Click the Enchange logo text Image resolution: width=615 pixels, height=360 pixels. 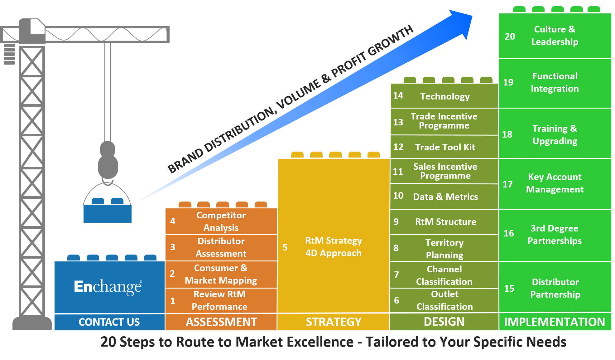click(x=108, y=286)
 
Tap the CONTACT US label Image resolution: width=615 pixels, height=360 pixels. click(x=109, y=322)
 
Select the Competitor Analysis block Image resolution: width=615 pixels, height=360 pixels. click(x=221, y=221)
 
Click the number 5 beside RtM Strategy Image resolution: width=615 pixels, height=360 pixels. click(x=285, y=247)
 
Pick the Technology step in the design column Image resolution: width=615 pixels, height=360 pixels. click(x=445, y=96)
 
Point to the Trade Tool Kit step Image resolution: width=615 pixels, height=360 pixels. click(x=445, y=147)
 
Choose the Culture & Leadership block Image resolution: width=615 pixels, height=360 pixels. click(x=555, y=36)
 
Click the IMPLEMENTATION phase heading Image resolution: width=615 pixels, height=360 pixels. click(x=554, y=322)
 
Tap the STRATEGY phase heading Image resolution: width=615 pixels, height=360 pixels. click(x=334, y=322)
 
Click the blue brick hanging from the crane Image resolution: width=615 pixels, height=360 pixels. click(x=107, y=213)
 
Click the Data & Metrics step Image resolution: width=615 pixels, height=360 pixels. click(x=445, y=197)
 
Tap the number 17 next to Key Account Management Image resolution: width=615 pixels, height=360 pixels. click(x=507, y=184)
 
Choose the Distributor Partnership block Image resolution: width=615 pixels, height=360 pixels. click(x=555, y=288)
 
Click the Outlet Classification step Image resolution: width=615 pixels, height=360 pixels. click(x=444, y=300)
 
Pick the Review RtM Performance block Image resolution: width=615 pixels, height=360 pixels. click(x=219, y=300)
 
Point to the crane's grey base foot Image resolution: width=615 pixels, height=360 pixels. click(x=32, y=324)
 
